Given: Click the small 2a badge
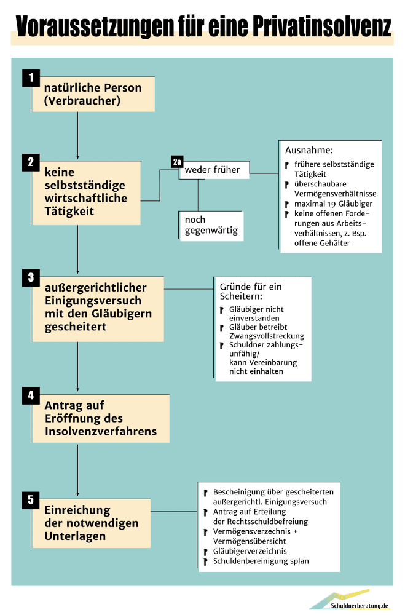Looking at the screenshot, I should (x=177, y=162).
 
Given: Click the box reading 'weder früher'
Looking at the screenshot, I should (x=213, y=170).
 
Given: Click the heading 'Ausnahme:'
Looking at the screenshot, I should (x=309, y=150).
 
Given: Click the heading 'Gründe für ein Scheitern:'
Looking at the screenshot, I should (x=251, y=292).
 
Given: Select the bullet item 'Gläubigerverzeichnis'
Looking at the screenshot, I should (x=250, y=551).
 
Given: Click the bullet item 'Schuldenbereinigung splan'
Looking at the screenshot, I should (x=261, y=561).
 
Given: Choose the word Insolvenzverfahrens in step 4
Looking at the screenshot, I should (x=101, y=431).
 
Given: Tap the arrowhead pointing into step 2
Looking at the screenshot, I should (x=78, y=157).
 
